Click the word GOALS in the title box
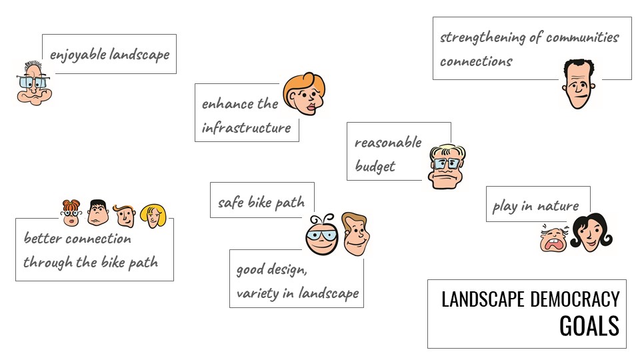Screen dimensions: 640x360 [589, 326]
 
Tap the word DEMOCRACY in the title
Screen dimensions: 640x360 [575, 299]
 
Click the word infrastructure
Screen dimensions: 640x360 [246, 128]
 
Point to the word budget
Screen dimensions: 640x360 [375, 166]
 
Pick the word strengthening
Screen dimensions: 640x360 [483, 37]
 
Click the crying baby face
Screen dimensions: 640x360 [553, 239]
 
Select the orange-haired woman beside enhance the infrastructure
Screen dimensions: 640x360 [305, 94]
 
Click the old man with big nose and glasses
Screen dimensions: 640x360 [34, 84]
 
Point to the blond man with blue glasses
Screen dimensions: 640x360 [447, 166]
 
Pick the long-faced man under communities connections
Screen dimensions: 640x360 [579, 84]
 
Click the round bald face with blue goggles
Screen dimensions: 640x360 [322, 235]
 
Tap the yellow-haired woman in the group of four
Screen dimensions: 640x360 [153, 216]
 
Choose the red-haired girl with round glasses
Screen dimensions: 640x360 [71, 213]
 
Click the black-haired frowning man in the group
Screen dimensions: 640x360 [98, 212]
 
